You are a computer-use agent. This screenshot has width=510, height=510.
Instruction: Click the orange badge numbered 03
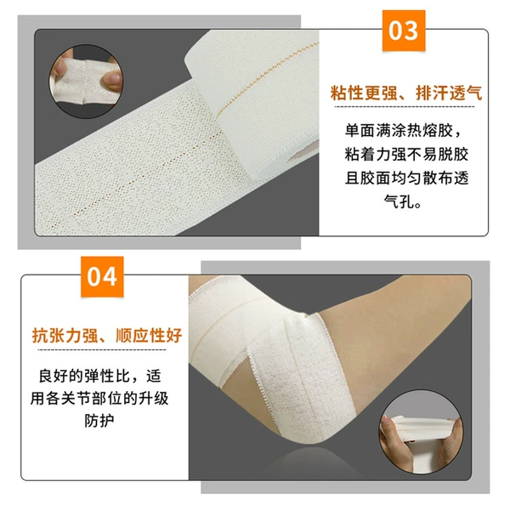[x=404, y=31]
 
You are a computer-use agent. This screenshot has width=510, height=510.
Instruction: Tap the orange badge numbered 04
[x=102, y=277]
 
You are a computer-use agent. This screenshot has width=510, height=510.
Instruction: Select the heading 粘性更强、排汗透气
[x=406, y=93]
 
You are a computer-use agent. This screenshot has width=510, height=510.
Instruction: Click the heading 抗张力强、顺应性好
[x=107, y=336]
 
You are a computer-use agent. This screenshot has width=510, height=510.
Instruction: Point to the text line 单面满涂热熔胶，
[x=403, y=131]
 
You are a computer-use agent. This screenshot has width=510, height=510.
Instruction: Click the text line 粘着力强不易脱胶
[x=406, y=154]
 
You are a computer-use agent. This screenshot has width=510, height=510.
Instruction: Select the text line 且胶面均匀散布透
[x=406, y=178]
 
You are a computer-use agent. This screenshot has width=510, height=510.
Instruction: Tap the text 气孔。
[x=403, y=201]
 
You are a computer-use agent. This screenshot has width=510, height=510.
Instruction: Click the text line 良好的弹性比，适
[x=99, y=376]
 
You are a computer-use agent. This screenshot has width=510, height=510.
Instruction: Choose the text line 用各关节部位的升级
[x=99, y=398]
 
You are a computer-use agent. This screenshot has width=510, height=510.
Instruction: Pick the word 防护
[x=99, y=421]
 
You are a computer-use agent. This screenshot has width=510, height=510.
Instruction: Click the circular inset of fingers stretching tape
[x=86, y=82]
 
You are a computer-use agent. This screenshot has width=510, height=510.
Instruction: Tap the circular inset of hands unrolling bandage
[x=422, y=432]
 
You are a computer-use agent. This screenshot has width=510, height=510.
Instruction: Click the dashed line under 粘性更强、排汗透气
[x=405, y=107]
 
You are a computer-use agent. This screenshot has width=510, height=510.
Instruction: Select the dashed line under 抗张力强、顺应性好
[x=102, y=350]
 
